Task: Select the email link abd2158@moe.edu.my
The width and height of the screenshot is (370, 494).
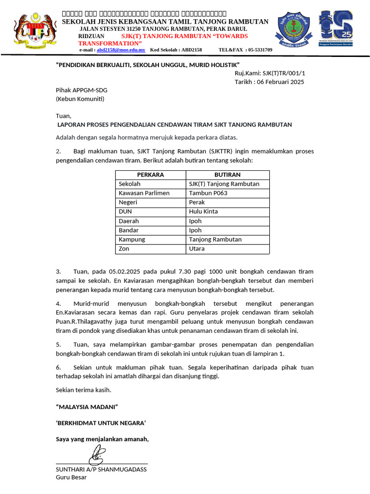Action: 121,50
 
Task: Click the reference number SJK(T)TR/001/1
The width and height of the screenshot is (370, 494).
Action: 283,73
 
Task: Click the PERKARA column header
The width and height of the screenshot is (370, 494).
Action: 150,175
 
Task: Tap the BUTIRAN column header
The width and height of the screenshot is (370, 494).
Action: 227,175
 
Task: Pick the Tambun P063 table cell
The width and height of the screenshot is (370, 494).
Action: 208,193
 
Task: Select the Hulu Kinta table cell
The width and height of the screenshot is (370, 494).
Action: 203,211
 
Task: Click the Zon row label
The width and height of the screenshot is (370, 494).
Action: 124,248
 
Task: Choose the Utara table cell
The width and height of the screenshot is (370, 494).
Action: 197,248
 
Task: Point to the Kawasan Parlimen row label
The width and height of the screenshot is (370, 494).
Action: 144,193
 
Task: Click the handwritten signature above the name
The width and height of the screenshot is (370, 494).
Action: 98,453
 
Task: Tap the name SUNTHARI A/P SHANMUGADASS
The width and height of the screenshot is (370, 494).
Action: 101,469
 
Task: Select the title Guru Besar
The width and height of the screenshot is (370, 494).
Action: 71,477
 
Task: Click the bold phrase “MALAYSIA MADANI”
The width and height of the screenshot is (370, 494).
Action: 87,407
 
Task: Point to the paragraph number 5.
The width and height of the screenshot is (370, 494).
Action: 58,344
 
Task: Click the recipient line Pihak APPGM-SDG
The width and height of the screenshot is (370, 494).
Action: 81,90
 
